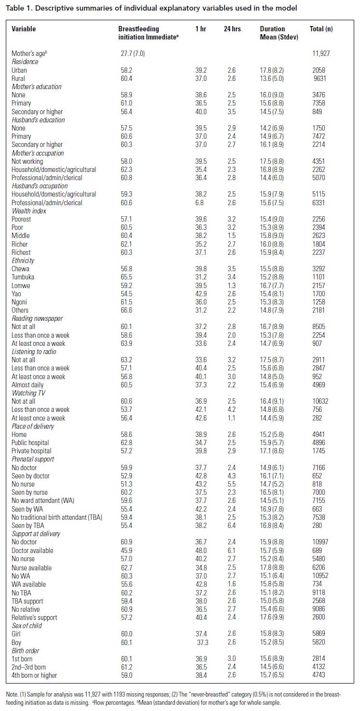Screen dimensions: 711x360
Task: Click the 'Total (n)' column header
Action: click(x=320, y=29)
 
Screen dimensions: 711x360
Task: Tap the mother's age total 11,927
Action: click(x=320, y=53)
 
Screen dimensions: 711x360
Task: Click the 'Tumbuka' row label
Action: click(x=23, y=277)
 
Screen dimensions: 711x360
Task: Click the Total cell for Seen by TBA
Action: click(x=319, y=525)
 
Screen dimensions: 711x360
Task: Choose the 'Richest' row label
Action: click(x=21, y=252)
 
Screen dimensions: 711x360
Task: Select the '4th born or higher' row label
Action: click(x=34, y=675)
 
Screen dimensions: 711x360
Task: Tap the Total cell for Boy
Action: click(x=319, y=643)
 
